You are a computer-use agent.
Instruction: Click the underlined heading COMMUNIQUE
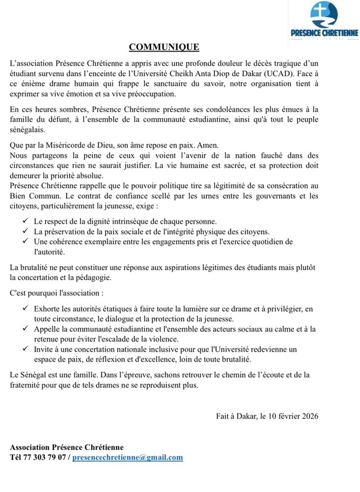(x=164, y=47)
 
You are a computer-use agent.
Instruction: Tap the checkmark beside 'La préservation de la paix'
(x=23, y=232)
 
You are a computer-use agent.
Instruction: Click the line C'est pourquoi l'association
(x=56, y=294)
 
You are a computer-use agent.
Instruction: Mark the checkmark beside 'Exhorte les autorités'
(x=23, y=308)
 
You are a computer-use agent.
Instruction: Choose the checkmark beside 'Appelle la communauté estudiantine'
(x=23, y=329)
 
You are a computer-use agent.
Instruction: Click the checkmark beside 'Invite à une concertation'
(x=23, y=349)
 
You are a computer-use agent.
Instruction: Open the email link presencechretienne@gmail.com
(x=128, y=457)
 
